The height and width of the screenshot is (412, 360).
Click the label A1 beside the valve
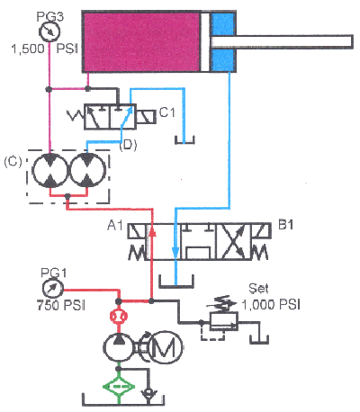[114, 225]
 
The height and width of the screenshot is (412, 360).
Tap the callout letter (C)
[14, 162]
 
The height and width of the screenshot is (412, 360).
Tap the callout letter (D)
[128, 143]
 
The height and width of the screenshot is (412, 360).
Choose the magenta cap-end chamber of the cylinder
[141, 41]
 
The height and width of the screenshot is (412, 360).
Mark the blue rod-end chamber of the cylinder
[222, 41]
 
